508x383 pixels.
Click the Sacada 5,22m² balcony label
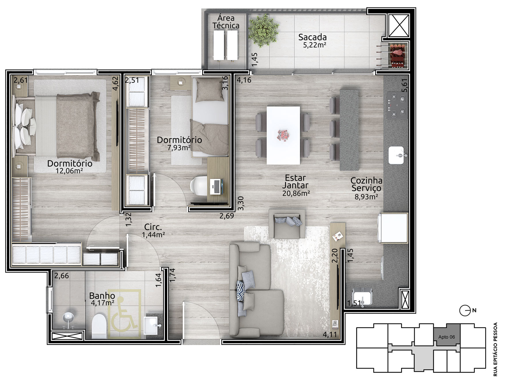point(312,41)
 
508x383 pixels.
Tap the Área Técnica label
point(226,22)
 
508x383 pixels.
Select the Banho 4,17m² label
point(102,299)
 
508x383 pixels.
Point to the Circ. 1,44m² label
point(153,231)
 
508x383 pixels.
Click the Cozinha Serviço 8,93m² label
point(366,188)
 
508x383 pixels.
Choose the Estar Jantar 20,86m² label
point(296,185)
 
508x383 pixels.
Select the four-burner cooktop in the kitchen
point(397,105)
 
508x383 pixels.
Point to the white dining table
point(283,135)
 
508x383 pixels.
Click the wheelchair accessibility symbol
point(124,313)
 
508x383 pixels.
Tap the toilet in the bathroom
point(99,326)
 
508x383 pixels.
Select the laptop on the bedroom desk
point(216,186)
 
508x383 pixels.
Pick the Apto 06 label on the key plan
point(447,337)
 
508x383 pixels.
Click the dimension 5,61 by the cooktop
point(405,85)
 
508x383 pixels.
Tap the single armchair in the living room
point(287,224)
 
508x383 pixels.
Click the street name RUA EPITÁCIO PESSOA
point(496,349)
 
